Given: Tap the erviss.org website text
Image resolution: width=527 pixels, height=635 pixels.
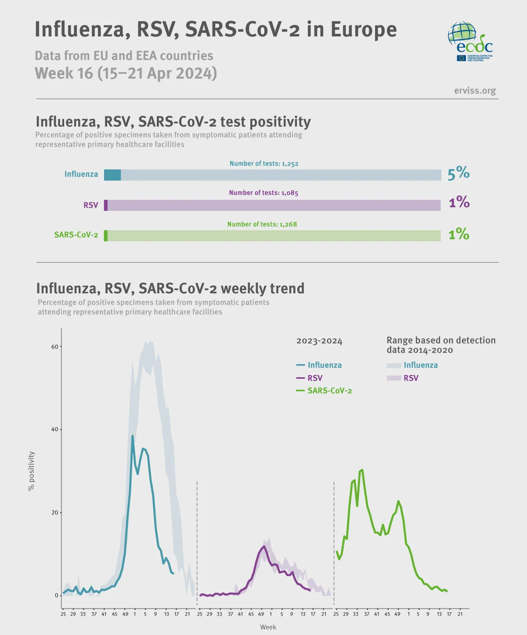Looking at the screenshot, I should click(475, 90).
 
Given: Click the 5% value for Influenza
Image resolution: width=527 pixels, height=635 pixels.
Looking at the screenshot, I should click(458, 173).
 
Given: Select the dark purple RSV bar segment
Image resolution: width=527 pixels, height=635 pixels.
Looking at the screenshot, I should click(106, 205).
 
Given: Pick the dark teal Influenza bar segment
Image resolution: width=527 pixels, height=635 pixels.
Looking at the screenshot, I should click(112, 175).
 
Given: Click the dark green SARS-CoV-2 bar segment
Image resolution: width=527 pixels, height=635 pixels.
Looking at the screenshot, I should click(106, 236).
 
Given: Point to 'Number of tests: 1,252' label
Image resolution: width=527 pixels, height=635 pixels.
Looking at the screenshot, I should click(264, 163).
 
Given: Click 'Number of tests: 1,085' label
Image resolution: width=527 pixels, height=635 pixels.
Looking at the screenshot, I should click(263, 193).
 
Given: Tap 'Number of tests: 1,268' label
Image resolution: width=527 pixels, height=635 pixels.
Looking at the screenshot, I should click(262, 224).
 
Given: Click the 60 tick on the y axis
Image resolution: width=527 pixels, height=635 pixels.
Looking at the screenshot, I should click(55, 346).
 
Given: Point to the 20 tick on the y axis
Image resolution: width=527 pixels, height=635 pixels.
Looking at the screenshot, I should click(55, 512).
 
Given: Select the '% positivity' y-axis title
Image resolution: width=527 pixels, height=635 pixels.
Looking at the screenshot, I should click(31, 471).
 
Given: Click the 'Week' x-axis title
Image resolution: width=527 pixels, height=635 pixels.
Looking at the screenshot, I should click(268, 627).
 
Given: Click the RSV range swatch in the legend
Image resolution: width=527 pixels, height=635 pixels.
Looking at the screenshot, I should click(394, 378).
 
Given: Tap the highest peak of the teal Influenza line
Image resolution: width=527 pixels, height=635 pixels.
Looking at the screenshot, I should click(133, 436).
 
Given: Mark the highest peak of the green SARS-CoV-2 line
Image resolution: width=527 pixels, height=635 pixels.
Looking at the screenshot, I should click(362, 470).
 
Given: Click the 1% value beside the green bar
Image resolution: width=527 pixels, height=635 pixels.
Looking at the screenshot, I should click(458, 234).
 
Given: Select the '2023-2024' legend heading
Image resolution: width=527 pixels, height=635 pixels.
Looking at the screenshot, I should click(319, 341).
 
